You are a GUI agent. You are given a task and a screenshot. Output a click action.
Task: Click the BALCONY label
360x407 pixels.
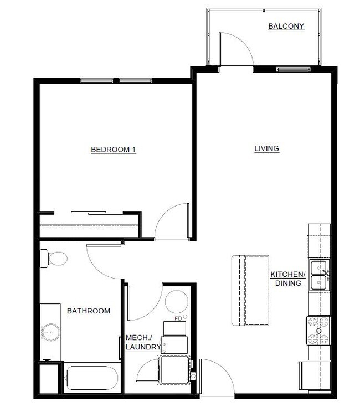(x=286, y=26)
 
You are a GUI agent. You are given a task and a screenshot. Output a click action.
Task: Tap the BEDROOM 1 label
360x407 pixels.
(x=114, y=150)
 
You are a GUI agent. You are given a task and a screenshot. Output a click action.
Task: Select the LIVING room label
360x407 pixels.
(x=266, y=148)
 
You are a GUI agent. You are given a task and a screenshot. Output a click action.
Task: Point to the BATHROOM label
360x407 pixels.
(x=89, y=311)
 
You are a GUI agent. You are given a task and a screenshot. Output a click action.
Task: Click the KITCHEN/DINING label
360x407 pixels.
(x=288, y=279)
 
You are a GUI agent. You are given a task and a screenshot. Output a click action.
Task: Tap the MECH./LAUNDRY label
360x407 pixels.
(x=143, y=342)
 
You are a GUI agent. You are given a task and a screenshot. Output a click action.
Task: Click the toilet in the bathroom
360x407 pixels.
(x=54, y=259)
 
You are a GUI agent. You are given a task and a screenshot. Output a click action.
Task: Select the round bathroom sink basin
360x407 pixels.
(x=51, y=332)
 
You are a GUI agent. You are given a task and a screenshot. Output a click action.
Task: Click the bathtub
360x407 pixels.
(x=92, y=378)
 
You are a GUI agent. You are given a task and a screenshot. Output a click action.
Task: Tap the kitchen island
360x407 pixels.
(x=250, y=290)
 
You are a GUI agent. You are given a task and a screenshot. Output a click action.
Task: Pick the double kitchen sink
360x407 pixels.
(x=319, y=275)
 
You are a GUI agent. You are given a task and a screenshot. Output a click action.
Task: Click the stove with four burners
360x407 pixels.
(x=318, y=331)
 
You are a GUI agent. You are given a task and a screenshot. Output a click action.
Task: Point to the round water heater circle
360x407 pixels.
(x=177, y=302)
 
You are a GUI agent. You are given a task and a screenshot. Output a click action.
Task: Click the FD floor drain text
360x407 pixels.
(x=178, y=318)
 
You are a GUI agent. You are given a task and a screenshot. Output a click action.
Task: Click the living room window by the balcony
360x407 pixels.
(x=294, y=70)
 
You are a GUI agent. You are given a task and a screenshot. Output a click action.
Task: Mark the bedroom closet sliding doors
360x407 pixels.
(x=97, y=213)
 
